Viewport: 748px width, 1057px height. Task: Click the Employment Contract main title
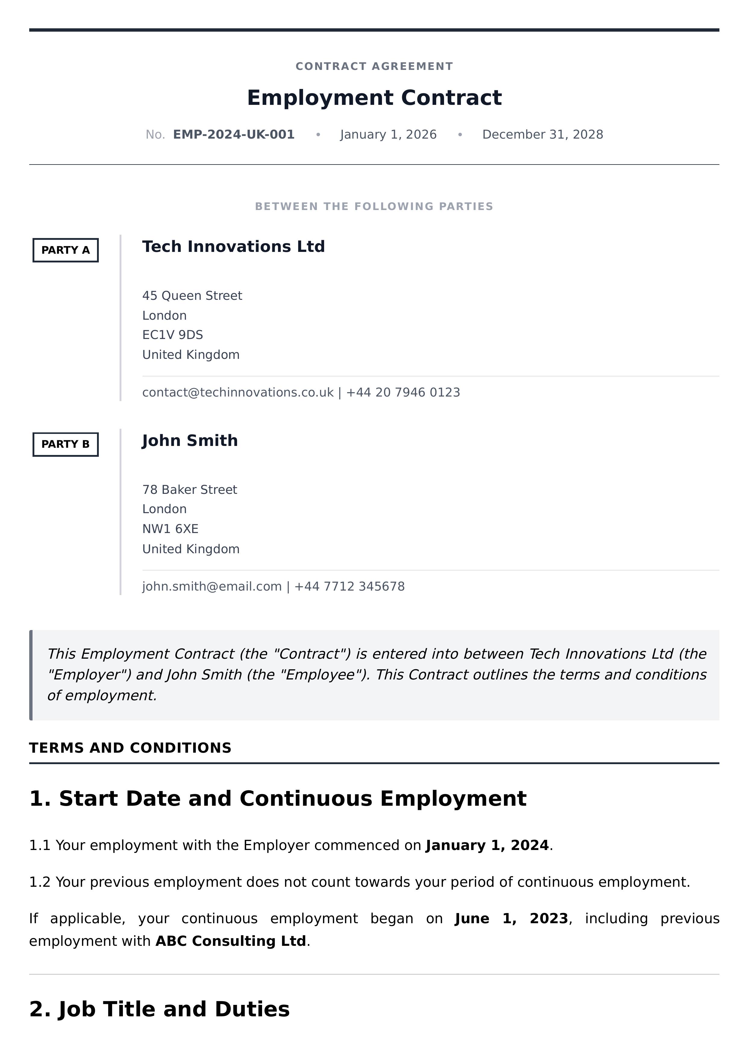click(374, 98)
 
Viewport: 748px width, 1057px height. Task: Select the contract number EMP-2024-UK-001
click(233, 134)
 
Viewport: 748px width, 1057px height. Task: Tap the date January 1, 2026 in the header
click(388, 134)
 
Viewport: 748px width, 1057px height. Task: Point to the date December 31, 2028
click(543, 134)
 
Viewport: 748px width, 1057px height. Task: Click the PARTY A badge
click(65, 250)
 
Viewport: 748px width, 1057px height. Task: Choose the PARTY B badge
click(65, 444)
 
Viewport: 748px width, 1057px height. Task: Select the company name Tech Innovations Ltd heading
click(233, 247)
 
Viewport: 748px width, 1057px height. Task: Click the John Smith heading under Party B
click(190, 441)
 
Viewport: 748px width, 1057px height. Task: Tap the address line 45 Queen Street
click(192, 296)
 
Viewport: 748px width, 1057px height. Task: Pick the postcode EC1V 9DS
click(173, 335)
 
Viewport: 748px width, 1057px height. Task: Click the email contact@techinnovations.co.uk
click(238, 392)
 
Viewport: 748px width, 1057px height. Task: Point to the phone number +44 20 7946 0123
click(403, 392)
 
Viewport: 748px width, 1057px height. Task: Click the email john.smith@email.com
click(212, 586)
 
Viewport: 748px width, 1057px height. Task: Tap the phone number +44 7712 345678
click(349, 586)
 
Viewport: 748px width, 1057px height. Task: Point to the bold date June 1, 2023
click(511, 918)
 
